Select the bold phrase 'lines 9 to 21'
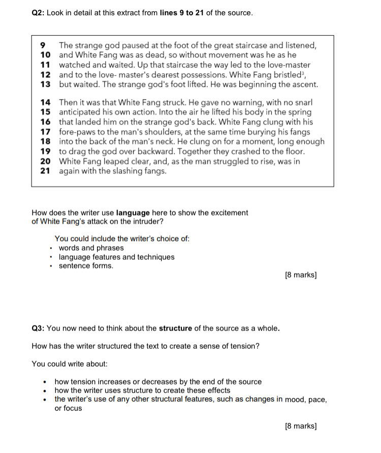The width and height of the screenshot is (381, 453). pos(181,13)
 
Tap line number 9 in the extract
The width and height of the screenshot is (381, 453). pos(42,45)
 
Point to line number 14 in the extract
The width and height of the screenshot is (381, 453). pos(45,102)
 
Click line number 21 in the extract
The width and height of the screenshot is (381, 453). pos(45,171)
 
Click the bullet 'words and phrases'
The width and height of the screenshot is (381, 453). pos(91,248)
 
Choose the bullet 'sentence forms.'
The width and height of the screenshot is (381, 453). pos(86,266)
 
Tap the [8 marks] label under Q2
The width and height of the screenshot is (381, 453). pos(301,275)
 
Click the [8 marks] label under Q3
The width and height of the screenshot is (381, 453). pos(301,426)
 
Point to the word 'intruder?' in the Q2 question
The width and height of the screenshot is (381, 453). pos(148,222)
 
